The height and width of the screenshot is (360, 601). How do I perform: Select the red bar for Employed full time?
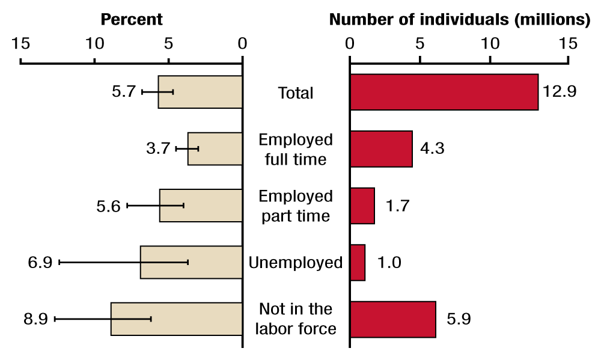tap(381, 149)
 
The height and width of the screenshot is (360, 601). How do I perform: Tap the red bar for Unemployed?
tap(358, 263)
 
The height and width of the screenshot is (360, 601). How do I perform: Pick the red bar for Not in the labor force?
tap(392, 319)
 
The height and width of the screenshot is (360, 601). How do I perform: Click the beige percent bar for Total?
tap(200, 92)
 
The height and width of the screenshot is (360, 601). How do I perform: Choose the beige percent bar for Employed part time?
tap(201, 206)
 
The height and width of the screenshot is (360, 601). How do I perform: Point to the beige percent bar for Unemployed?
tap(191, 262)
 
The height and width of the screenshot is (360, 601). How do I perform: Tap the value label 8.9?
tap(35, 319)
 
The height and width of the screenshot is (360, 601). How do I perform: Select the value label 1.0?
tap(389, 263)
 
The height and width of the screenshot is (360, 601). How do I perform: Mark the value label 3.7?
tap(158, 149)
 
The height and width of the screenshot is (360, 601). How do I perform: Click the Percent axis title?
tap(131, 19)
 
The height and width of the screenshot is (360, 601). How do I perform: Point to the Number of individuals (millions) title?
tap(460, 19)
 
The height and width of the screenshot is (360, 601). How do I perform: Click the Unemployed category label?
tap(296, 263)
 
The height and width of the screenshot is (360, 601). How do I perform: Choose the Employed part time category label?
tap(296, 206)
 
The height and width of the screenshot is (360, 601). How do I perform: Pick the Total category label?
tap(296, 93)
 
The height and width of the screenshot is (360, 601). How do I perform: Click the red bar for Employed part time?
tap(362, 206)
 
